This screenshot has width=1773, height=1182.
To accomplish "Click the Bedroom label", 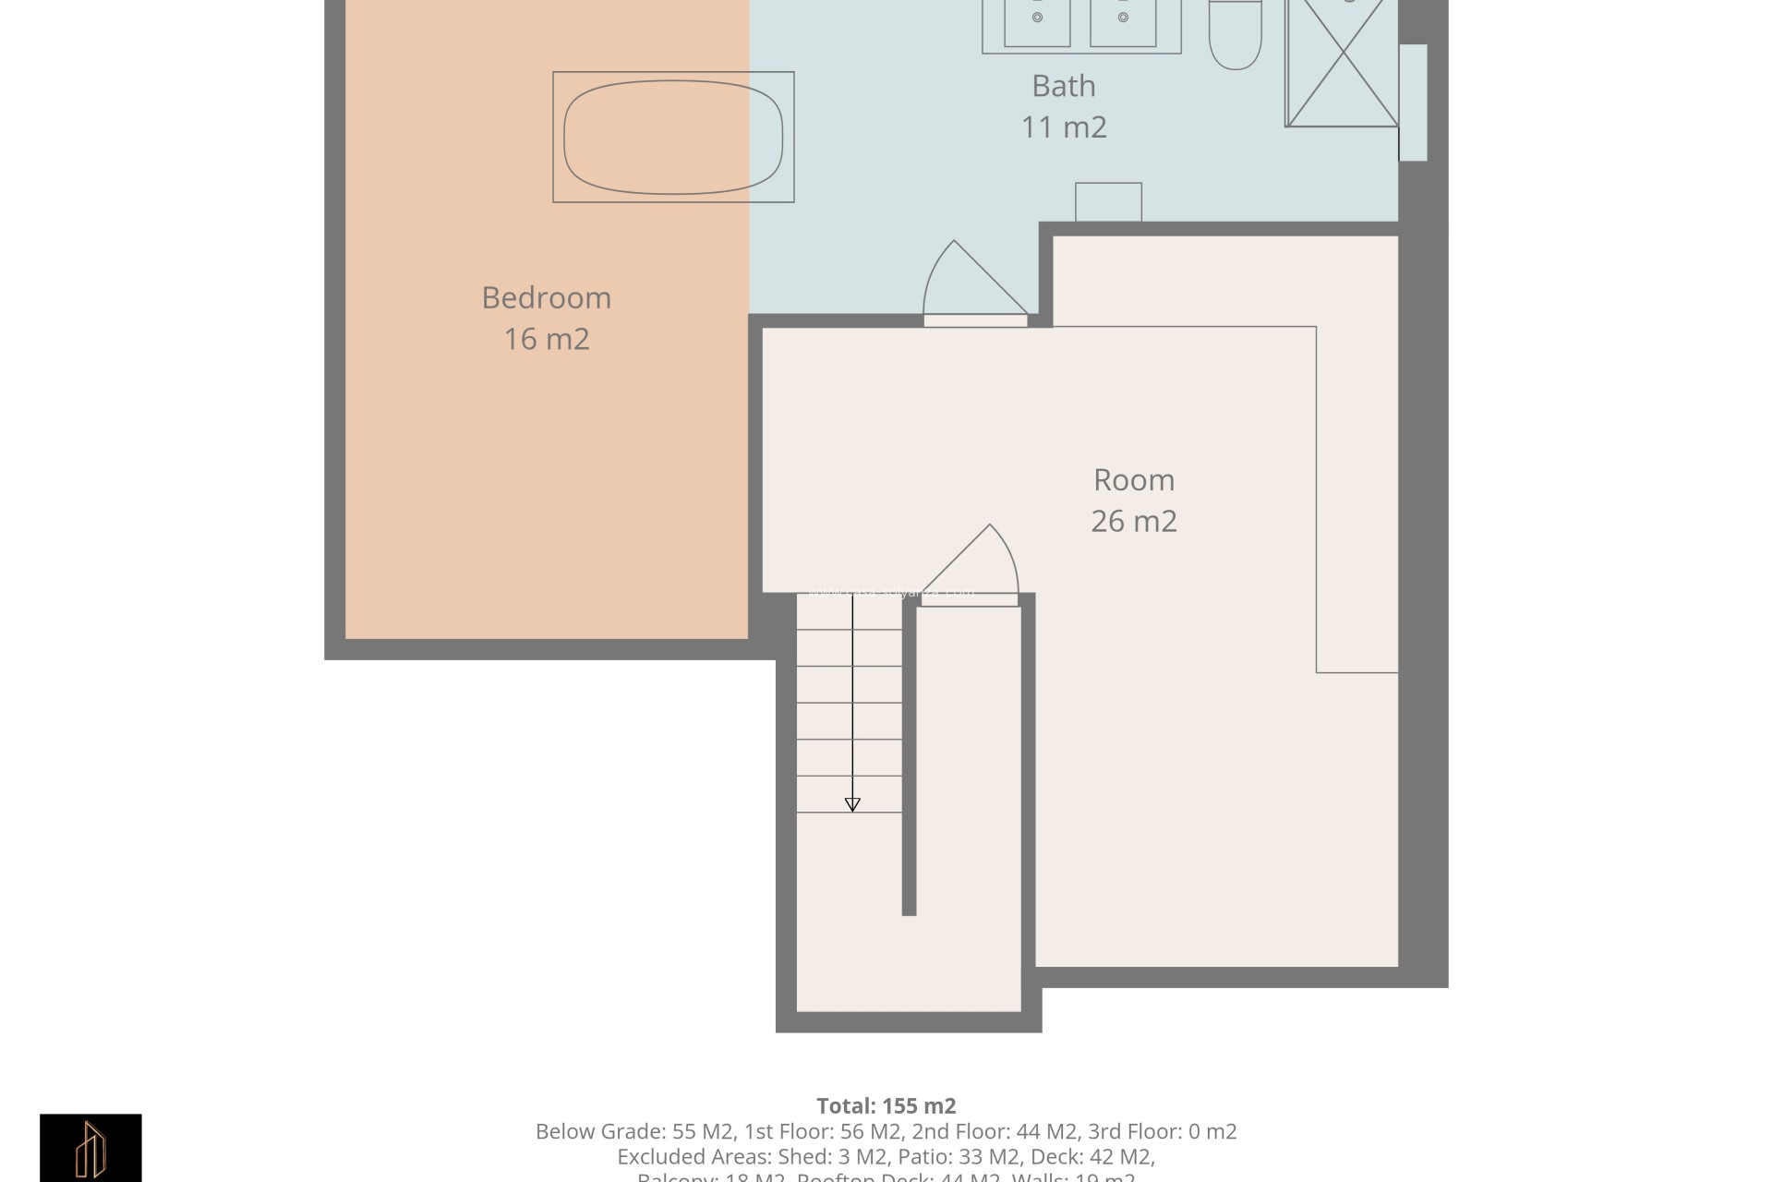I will tap(546, 298).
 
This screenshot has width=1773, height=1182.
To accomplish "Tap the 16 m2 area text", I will tap(546, 339).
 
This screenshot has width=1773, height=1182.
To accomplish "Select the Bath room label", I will tap(1063, 86).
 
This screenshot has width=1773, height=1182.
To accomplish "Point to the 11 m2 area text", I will tap(1063, 127).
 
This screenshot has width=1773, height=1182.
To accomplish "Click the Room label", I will tap(1133, 480).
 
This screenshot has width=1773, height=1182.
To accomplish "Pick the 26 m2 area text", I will tap(1133, 522).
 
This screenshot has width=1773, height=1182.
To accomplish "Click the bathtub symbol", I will tap(673, 137).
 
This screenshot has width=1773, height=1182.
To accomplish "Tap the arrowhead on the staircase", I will tap(852, 805).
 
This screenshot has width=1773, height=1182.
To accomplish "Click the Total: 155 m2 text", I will tap(886, 1105).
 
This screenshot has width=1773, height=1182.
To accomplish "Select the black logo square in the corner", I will tap(90, 1148).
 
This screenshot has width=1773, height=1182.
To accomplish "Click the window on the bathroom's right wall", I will tap(1413, 103).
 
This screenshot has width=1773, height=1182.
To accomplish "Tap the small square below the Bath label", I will tap(1108, 202).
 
